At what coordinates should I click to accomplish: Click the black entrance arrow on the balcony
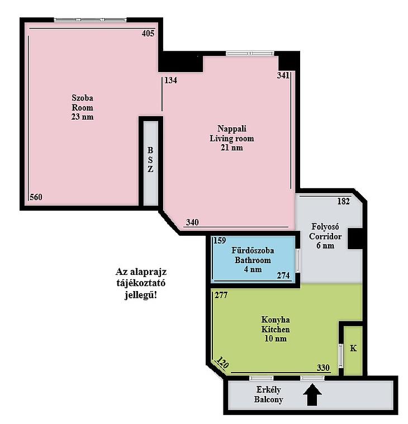(x=312, y=395)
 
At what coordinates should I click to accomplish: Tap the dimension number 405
(x=148, y=34)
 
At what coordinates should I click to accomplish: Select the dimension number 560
(x=36, y=197)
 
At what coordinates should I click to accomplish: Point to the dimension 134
(x=170, y=80)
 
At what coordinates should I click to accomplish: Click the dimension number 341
(x=283, y=75)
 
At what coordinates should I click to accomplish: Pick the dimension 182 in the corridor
(x=344, y=201)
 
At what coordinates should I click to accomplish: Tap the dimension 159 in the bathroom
(x=220, y=240)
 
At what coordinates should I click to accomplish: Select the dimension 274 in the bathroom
(x=283, y=275)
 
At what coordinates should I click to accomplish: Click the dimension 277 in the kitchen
(x=221, y=295)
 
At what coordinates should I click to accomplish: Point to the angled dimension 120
(x=222, y=363)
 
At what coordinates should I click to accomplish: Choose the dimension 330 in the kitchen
(x=323, y=368)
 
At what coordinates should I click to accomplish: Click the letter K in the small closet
(x=353, y=348)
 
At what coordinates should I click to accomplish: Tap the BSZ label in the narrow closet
(x=150, y=160)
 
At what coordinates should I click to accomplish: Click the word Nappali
(x=232, y=128)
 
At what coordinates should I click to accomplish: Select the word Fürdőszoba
(x=253, y=250)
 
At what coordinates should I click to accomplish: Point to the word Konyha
(x=276, y=320)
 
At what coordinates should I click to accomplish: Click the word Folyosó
(x=325, y=226)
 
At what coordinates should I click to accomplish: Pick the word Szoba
(x=83, y=98)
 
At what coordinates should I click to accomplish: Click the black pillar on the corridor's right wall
(x=355, y=239)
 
